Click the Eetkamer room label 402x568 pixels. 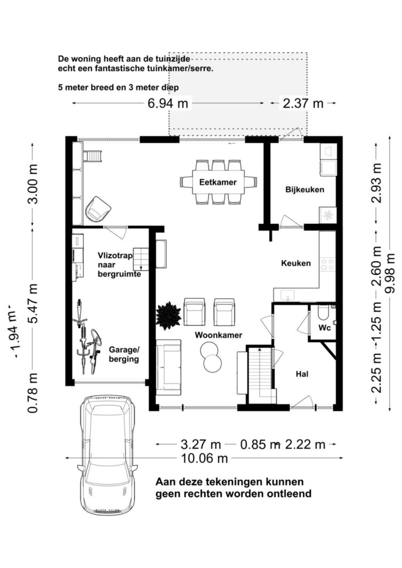pos(218,182)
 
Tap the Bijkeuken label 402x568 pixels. pos(305,190)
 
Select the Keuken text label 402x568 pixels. pos(296,263)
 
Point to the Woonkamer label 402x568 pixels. pos(219,335)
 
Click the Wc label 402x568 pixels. pos(325,328)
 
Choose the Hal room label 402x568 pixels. pos(302,374)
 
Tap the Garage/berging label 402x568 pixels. pos(124,355)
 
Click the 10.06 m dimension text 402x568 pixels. pos(204,458)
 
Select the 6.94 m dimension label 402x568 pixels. pos(168,104)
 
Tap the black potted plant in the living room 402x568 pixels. pos(168,316)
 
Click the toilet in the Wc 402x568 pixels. pos(323,312)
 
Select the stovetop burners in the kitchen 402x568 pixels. pos(327,264)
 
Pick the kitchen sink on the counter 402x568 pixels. pos(288,295)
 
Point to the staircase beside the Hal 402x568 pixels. pos(260,375)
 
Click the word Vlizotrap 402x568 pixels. pos(115,256)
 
